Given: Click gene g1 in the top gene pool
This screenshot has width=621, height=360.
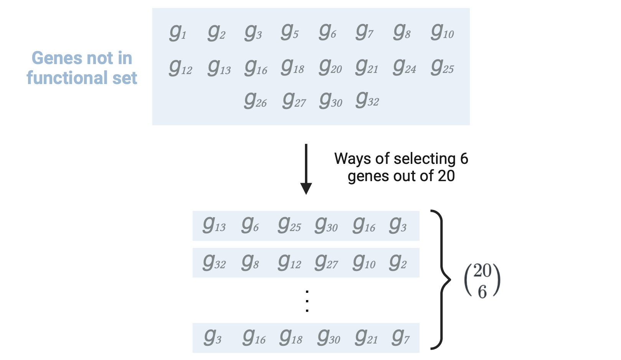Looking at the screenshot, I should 177,32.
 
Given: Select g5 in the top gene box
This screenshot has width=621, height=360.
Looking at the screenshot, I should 290,32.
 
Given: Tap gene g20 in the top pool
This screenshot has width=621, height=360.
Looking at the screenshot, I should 330,67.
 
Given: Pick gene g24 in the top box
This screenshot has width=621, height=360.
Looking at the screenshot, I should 404,67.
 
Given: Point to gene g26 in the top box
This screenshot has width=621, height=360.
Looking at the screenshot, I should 255,101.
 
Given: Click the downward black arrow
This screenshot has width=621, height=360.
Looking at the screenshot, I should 306,169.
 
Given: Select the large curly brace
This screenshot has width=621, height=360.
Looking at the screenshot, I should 440,280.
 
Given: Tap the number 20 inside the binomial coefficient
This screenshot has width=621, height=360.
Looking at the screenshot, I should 482,271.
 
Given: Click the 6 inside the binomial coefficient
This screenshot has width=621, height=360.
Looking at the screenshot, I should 482,292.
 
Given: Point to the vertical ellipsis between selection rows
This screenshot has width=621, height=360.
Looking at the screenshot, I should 307,301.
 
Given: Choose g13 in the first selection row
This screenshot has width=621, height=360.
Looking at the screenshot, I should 214,225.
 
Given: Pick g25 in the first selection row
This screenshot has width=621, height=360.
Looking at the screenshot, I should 289,225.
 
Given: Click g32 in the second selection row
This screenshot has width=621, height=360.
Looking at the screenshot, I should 214,263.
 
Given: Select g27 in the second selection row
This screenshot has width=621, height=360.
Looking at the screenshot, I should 326,263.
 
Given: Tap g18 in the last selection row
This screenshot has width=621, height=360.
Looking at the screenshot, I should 291,337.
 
